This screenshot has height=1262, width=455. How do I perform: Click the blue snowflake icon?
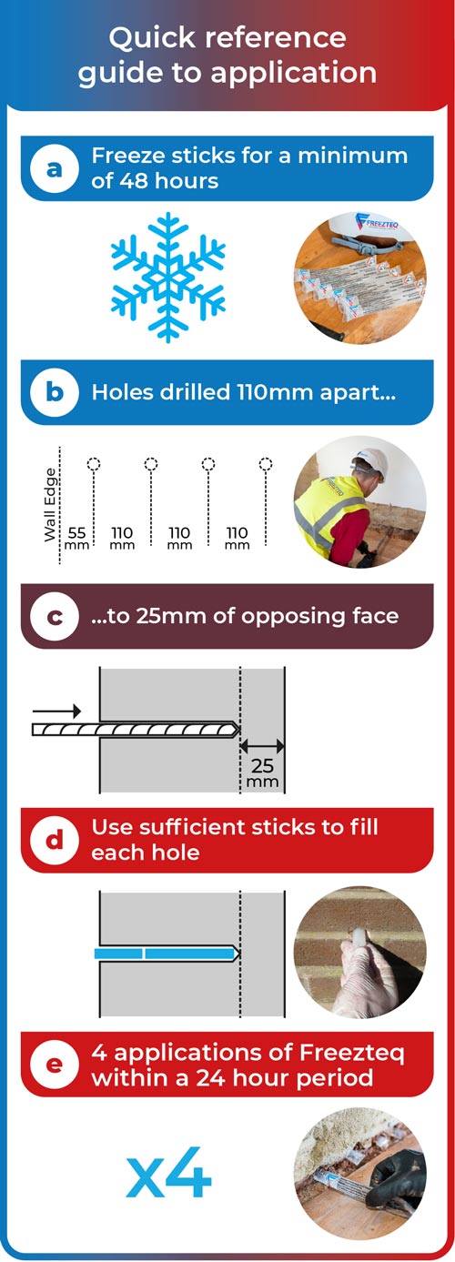(x=168, y=278)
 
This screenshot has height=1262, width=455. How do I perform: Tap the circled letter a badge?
(x=54, y=168)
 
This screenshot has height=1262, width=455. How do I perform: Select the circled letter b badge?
(x=54, y=392)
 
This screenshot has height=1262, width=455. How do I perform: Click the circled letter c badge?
(x=54, y=616)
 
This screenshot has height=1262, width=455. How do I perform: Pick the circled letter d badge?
(x=54, y=840)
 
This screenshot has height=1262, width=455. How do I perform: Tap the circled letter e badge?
(x=54, y=1065)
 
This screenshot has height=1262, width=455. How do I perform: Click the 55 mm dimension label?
(x=76, y=538)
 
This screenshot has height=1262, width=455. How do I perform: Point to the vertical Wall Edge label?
(x=51, y=505)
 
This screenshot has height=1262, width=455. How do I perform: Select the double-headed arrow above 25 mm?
(x=262, y=746)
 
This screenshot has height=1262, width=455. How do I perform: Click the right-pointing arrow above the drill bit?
(x=57, y=711)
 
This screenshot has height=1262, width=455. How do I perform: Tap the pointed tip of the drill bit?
(x=239, y=730)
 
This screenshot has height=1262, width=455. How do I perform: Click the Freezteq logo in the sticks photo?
(x=377, y=223)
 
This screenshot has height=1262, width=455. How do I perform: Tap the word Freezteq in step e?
(x=352, y=1053)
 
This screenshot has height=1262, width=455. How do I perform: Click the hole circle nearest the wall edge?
(x=94, y=464)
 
